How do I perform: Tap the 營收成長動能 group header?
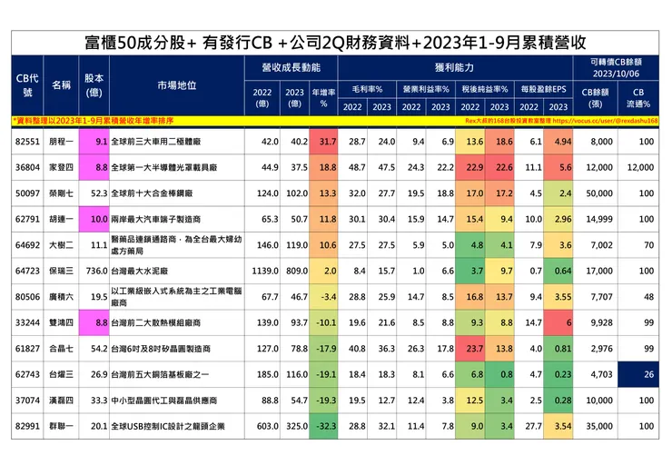[292, 67]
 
